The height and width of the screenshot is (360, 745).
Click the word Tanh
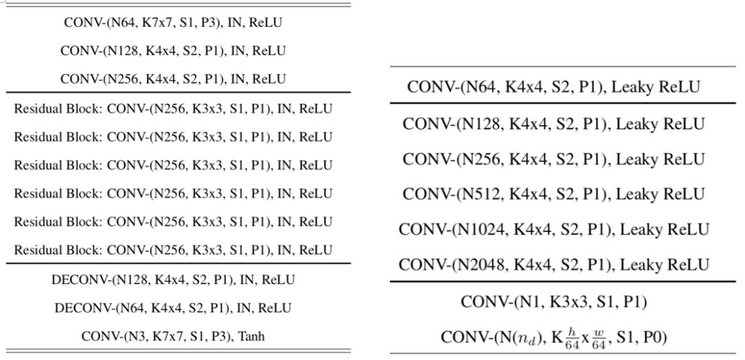251,337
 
